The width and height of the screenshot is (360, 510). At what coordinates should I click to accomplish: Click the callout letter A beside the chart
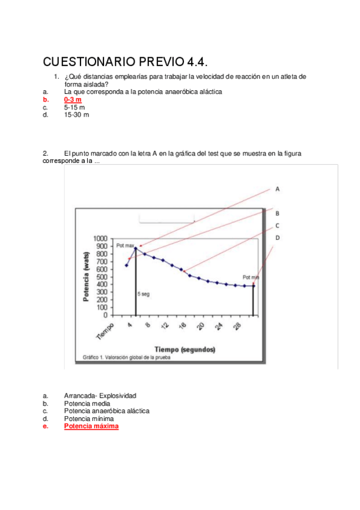pos(278,189)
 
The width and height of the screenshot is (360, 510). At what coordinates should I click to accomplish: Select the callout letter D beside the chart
pos(278,238)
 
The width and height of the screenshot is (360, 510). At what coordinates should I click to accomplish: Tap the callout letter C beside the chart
pos(278,226)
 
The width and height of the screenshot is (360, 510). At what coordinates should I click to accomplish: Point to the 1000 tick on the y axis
pos(100,239)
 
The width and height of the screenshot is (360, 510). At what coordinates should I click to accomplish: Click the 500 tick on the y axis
pos(102,277)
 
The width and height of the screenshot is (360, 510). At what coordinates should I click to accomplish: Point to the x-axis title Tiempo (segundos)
pos(185,349)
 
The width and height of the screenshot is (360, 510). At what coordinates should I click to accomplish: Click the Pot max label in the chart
pos(125,245)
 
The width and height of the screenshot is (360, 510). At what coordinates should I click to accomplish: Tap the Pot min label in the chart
pos(251,277)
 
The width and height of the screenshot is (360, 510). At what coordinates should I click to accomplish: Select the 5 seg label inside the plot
pos(144,294)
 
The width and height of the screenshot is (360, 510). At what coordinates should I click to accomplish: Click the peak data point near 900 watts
pos(136,247)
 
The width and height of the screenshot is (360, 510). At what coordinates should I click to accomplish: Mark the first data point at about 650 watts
pos(126,265)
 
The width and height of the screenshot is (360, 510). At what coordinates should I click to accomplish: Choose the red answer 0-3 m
pos(73,99)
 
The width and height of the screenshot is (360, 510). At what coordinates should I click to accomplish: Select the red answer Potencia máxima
pos(91,426)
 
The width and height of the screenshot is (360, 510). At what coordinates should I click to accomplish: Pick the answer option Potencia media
pos(87,403)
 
